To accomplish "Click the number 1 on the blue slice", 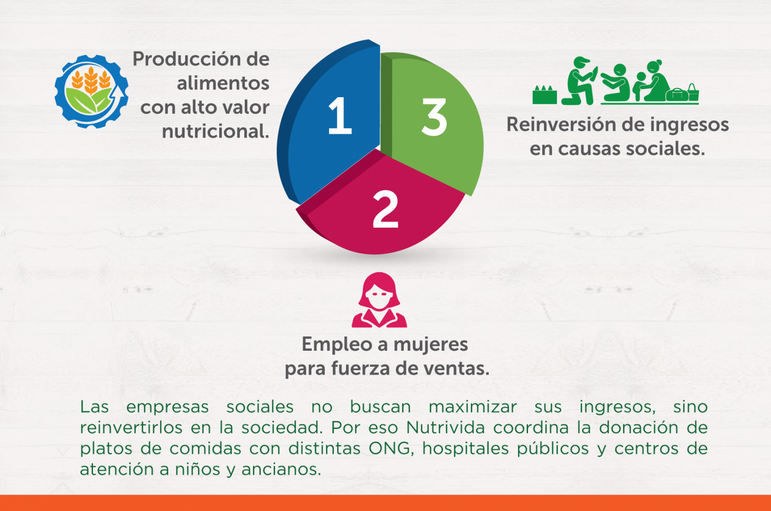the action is (340, 115).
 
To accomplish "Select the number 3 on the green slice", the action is (434, 117).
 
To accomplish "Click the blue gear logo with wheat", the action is (91, 91).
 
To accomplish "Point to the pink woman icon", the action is (379, 300).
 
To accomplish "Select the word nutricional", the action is (215, 131).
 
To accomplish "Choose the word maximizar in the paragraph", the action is (473, 407).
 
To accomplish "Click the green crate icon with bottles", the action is (545, 94).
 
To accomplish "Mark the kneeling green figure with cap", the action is (579, 81).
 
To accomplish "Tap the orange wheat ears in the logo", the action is (91, 80).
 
